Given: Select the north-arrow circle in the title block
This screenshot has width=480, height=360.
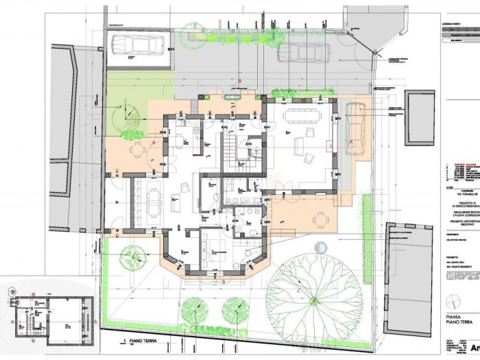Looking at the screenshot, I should click(x=451, y=301).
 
